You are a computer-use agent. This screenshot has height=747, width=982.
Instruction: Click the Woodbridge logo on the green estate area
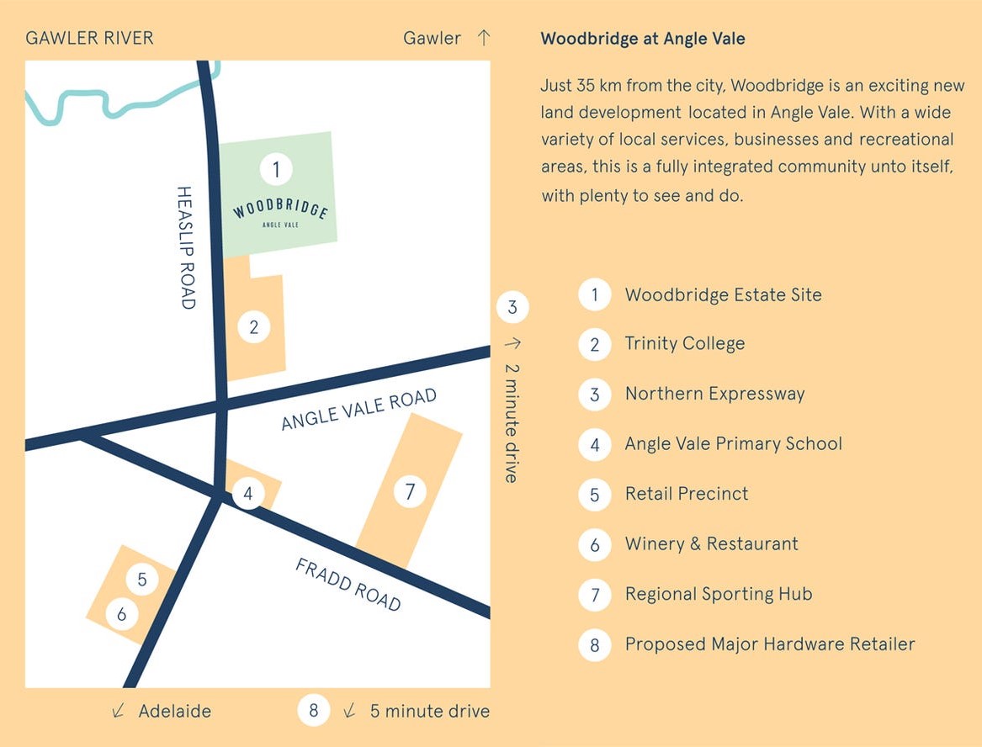[x=280, y=211]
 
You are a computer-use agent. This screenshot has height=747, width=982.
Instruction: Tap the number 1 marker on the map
[x=275, y=170]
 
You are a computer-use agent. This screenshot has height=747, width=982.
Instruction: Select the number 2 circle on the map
[x=253, y=327]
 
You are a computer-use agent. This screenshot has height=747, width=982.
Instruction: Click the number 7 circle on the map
[x=410, y=491]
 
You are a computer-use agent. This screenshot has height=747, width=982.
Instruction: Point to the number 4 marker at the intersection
[x=247, y=494]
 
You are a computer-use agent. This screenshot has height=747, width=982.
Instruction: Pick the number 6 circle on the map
[x=122, y=614]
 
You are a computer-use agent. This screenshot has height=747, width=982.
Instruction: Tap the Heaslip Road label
[x=187, y=247]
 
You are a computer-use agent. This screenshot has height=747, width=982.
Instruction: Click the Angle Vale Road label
[x=359, y=409]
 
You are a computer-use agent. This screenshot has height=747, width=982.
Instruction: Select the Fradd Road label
[x=348, y=584]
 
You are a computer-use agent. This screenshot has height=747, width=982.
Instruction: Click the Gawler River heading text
[x=90, y=38]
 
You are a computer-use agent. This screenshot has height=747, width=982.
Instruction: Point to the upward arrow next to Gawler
[x=483, y=38]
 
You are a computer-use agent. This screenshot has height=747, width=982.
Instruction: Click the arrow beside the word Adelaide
[x=119, y=712]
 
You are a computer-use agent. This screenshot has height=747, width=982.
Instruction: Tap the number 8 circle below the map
[x=313, y=711]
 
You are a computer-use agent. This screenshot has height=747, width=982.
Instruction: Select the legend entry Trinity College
[x=684, y=343]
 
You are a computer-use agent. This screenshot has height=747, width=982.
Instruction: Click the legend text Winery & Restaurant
[x=711, y=543]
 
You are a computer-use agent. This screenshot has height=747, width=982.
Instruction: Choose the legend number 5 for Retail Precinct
[x=595, y=494]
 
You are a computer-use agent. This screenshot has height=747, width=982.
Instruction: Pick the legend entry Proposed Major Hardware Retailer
[x=769, y=644]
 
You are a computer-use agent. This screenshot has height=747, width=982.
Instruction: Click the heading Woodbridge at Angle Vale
[x=643, y=39]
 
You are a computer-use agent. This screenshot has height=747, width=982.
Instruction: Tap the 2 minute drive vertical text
[x=511, y=422]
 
